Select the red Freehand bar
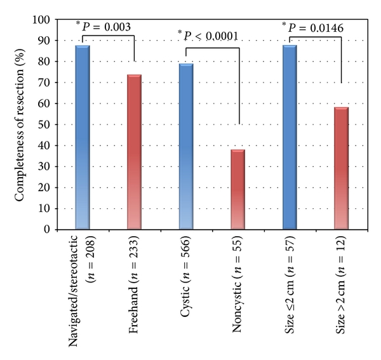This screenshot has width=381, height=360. [x=134, y=152]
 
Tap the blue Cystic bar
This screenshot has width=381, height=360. [x=186, y=146]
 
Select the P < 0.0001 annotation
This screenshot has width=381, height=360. [x=211, y=36]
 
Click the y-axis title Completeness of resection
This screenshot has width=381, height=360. [x=20, y=124]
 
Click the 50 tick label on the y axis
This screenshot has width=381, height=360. [x=44, y=124]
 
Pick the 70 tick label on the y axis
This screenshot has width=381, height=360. [x=44, y=83]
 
